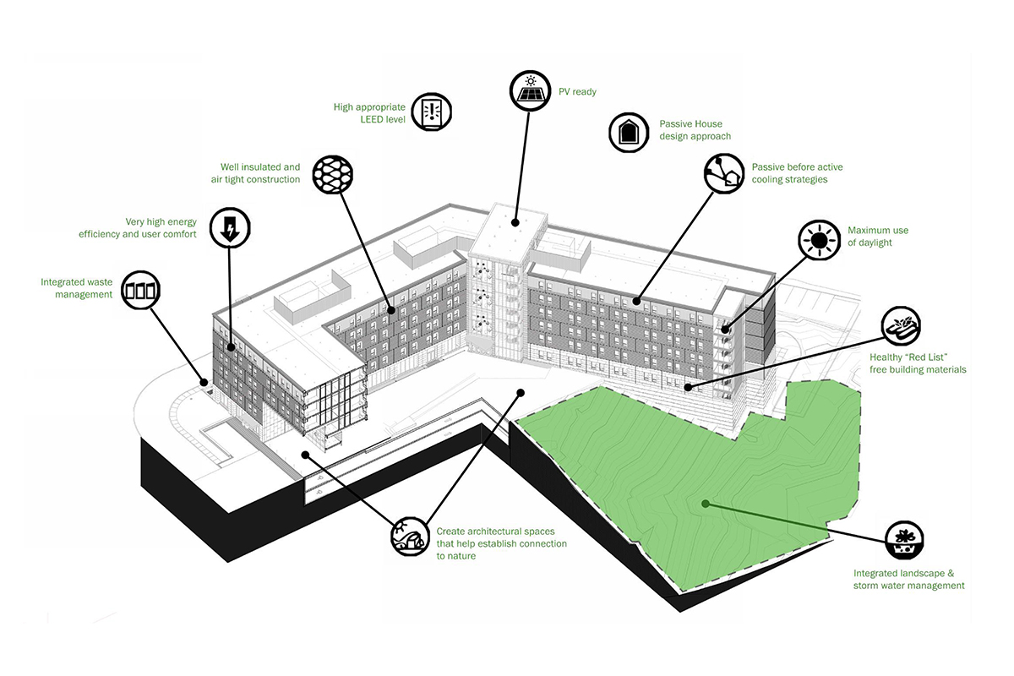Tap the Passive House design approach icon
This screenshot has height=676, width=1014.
coord(629,132)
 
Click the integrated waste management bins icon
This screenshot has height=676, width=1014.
coord(140,291)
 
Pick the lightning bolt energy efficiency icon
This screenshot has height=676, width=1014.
coord(230,227)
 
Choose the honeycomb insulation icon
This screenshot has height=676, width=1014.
coord(331,174)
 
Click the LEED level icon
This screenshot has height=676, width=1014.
coord(433,111)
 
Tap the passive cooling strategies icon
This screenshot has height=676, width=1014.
coord(724,172)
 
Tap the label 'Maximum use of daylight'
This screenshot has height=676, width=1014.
coord(878,237)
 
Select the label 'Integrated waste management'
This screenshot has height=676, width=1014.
coord(76,288)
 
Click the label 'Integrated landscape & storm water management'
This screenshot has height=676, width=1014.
coord(908,579)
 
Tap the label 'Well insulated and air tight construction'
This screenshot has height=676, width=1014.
coord(255,173)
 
